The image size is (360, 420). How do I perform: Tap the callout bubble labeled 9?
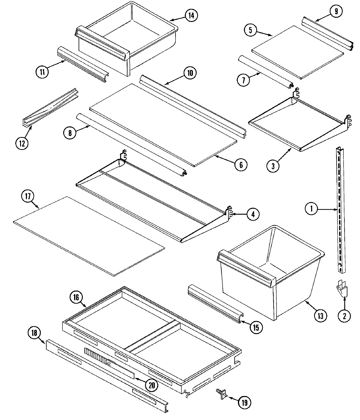(336, 11)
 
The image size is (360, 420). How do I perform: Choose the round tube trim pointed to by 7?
(265, 71)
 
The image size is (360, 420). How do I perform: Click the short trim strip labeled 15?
(214, 305)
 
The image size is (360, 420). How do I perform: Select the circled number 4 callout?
(253, 214)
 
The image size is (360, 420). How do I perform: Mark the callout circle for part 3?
(273, 166)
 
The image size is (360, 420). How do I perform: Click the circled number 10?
(190, 73)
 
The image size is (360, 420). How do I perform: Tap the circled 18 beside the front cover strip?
(34, 332)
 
